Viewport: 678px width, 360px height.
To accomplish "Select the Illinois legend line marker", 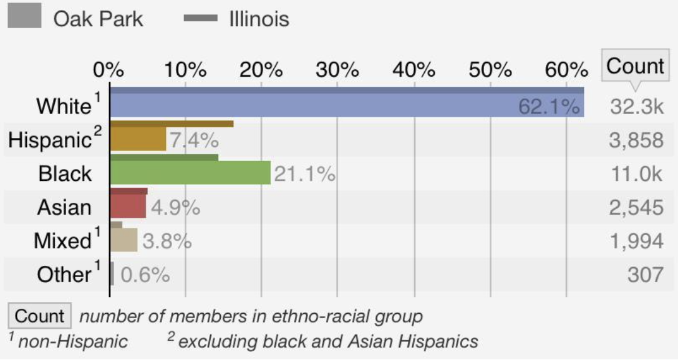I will (x=200, y=19).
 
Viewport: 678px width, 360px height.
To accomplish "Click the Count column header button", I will (x=635, y=66).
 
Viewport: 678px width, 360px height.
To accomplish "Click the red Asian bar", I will (x=128, y=206).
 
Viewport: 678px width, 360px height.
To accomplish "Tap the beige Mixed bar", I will (x=123, y=240).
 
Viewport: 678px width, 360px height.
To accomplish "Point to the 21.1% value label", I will (x=305, y=174).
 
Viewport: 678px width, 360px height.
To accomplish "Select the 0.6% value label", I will (x=145, y=275).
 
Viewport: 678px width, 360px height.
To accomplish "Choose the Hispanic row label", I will (x=50, y=140).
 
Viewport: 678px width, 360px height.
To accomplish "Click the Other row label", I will (x=64, y=275).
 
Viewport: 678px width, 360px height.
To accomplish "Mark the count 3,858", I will (x=636, y=140).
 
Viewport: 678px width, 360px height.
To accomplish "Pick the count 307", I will (x=645, y=275).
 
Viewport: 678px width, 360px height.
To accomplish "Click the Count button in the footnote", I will (x=39, y=316).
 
